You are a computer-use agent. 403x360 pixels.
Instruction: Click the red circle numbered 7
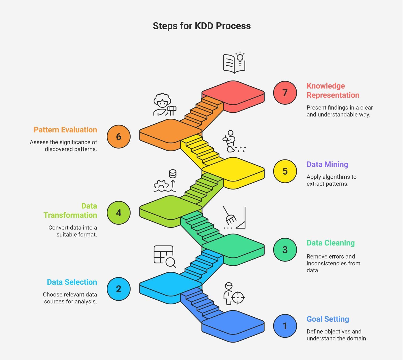(x=285, y=93)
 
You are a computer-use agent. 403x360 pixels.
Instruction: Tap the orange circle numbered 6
(x=118, y=137)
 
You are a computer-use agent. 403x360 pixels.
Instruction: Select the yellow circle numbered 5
(x=285, y=171)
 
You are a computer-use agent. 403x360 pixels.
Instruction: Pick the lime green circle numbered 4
(x=118, y=213)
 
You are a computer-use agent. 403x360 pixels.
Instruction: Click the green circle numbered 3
(x=285, y=250)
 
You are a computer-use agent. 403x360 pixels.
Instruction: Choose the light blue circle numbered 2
(x=118, y=289)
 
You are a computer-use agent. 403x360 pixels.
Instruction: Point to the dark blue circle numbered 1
(x=285, y=326)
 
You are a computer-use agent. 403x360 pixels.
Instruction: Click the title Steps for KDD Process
(x=202, y=26)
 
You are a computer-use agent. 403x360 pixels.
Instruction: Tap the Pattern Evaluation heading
(x=65, y=130)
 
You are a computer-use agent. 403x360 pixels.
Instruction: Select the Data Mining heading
(x=327, y=164)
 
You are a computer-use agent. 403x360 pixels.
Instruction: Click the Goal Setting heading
(x=328, y=319)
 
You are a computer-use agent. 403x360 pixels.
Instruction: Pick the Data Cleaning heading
(x=331, y=243)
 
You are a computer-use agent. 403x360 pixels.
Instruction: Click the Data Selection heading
(x=72, y=282)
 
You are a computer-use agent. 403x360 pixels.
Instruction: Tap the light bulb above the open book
(x=240, y=58)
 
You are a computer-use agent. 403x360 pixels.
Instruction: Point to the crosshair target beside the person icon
(x=238, y=297)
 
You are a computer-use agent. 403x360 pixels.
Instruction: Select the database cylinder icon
(x=173, y=173)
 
